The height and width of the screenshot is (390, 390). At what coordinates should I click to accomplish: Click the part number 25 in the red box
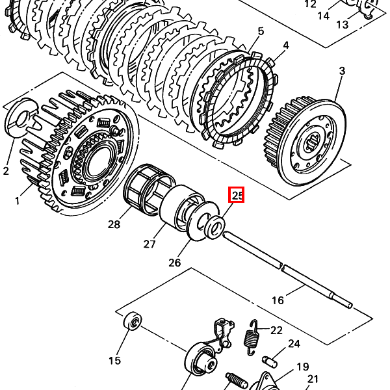[x=237, y=195]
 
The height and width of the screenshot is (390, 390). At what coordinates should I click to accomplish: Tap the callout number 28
[x=114, y=224]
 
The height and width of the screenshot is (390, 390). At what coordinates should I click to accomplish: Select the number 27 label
[x=149, y=244]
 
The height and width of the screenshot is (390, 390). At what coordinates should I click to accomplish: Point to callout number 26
[x=174, y=263]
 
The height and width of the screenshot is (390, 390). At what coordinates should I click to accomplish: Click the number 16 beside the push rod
[x=278, y=300]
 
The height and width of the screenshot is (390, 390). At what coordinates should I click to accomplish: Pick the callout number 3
[x=343, y=71]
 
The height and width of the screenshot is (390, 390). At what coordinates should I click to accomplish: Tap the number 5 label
[x=261, y=31]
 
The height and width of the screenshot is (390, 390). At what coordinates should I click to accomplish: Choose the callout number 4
[x=286, y=45]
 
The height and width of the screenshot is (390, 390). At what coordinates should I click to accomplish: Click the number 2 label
[x=6, y=171]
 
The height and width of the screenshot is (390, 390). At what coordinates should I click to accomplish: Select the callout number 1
[x=17, y=201]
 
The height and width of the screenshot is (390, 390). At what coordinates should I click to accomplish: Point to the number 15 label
[x=114, y=360]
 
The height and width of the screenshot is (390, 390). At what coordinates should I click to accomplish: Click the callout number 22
[x=276, y=330]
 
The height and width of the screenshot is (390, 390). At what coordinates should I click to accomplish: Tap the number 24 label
[x=294, y=343]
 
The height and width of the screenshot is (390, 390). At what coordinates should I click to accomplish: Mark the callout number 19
[x=303, y=367]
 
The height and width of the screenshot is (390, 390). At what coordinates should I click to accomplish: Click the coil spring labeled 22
[x=252, y=337]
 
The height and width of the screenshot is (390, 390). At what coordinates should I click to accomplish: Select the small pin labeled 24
[x=270, y=361]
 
